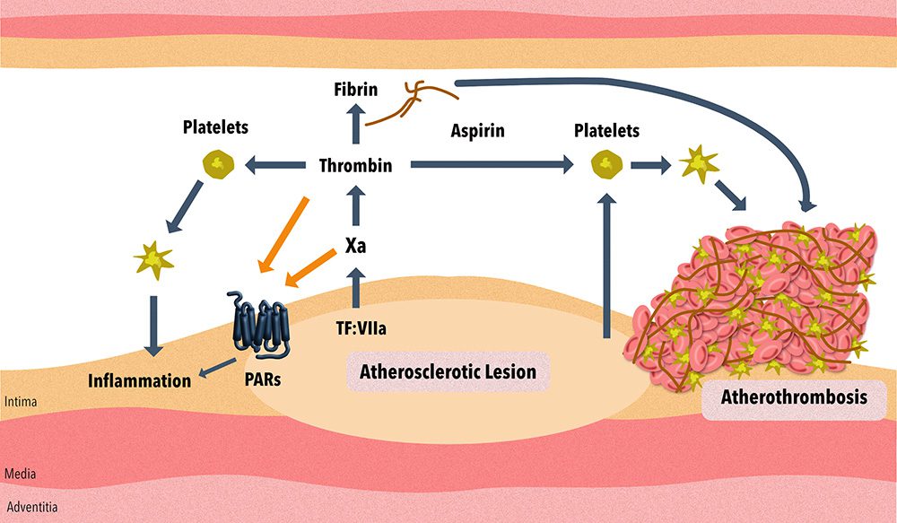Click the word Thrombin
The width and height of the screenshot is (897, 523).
click(x=355, y=165)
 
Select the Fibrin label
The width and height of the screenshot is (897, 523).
click(x=356, y=90)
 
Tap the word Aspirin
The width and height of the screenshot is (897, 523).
click(x=478, y=130)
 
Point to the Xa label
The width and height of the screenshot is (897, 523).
click(x=355, y=246)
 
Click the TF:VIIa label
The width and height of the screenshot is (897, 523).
click(x=361, y=328)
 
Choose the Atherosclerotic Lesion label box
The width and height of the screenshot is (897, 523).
click(x=448, y=372)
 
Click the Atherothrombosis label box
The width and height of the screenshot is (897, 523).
click(x=794, y=397)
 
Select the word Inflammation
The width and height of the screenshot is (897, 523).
click(x=140, y=380)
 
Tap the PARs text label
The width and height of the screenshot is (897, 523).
click(x=263, y=379)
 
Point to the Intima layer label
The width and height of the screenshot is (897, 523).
click(x=21, y=402)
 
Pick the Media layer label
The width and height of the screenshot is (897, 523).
click(x=20, y=474)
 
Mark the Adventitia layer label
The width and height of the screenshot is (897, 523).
click(x=32, y=507)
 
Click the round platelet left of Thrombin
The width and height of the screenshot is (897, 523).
click(x=218, y=165)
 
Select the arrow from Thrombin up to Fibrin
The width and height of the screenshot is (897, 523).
click(x=356, y=124)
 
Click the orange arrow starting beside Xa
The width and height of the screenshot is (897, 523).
click(x=310, y=268)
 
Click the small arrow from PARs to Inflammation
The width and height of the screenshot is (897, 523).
click(x=217, y=368)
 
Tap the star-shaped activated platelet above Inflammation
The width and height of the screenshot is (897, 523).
click(x=152, y=260)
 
